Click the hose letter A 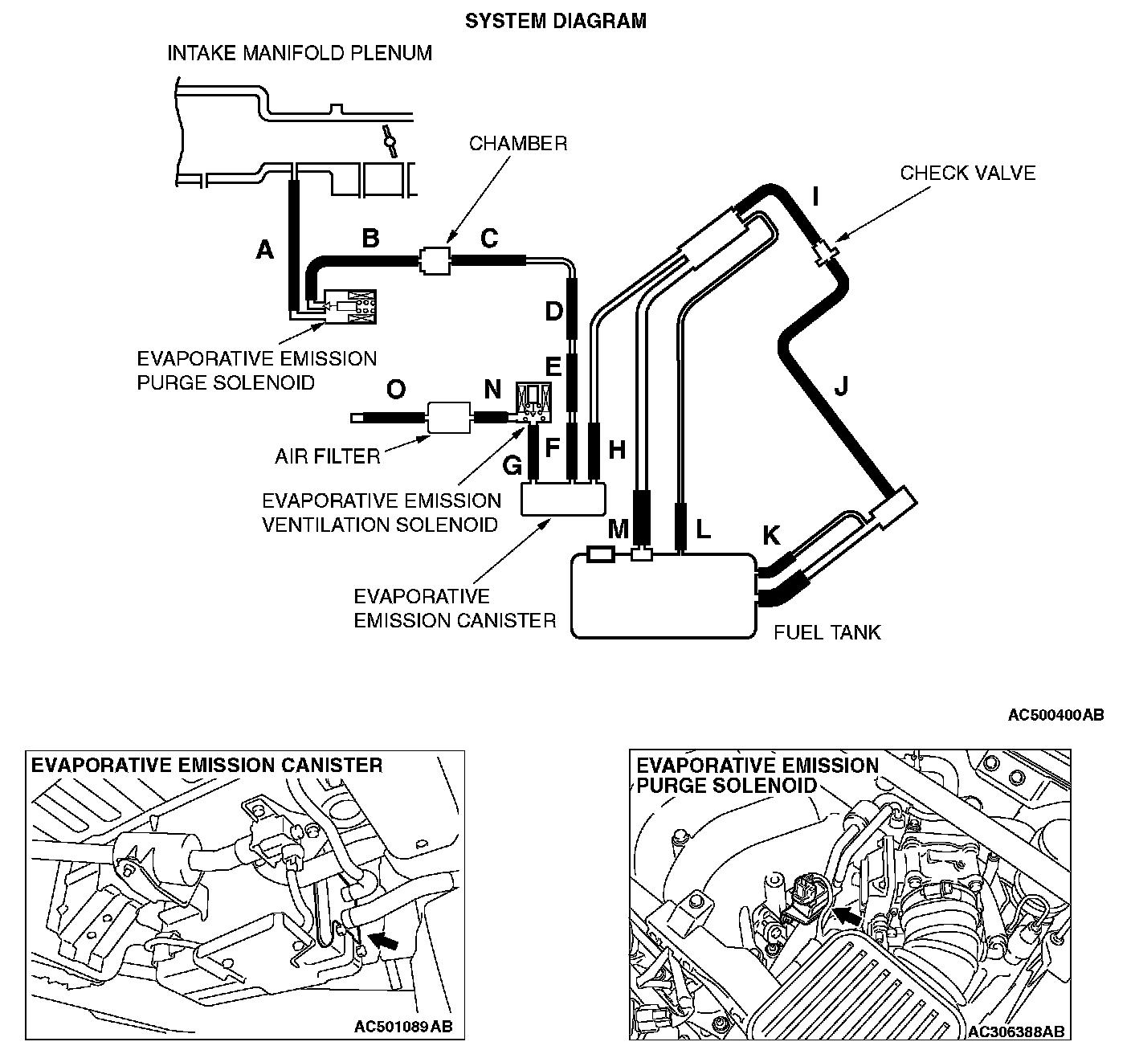265,251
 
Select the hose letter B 370,239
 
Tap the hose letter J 841,388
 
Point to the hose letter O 396,390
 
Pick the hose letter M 618,529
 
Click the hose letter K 770,534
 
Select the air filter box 449,417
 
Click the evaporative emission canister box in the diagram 562,499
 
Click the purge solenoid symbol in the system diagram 350,305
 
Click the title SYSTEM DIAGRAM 556,21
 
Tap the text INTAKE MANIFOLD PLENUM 300,54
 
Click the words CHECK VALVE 967,173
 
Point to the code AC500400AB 1055,715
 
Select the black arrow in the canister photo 386,942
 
